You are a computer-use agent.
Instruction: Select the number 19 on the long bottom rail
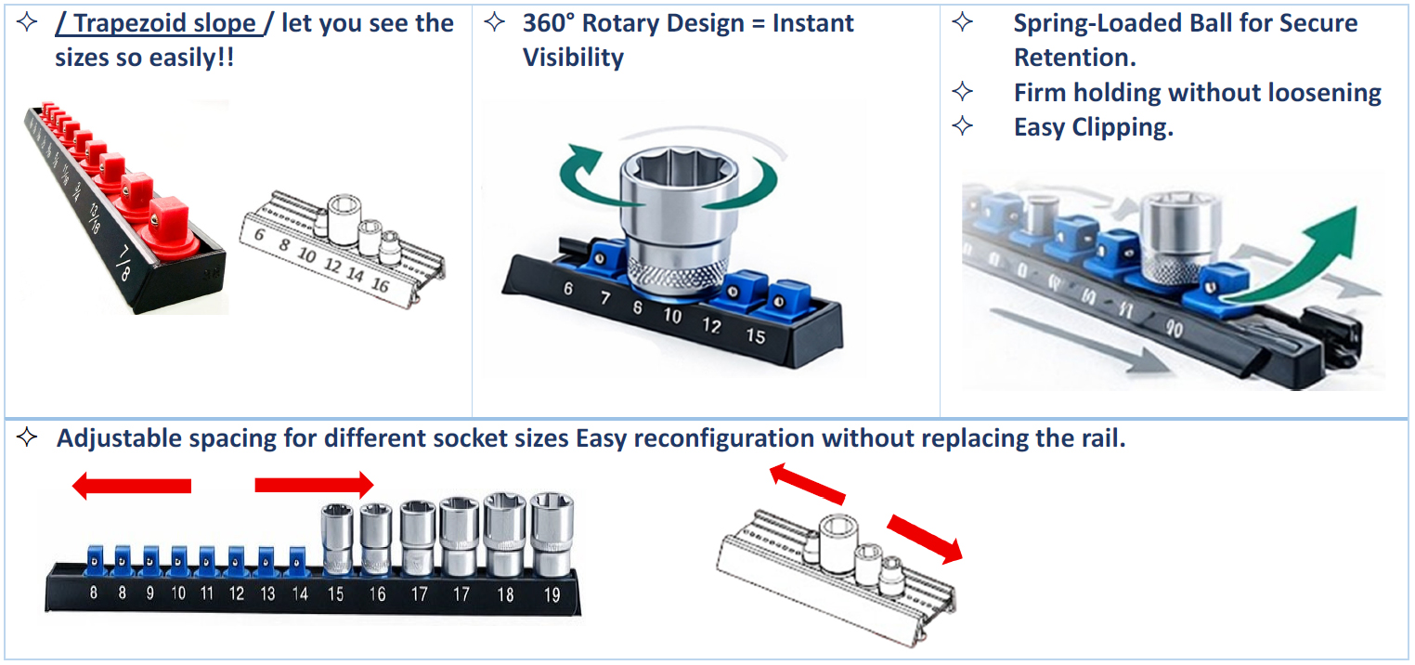point(552,594)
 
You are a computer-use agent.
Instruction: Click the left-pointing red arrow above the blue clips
point(131,486)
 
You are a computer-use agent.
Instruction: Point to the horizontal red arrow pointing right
point(314,484)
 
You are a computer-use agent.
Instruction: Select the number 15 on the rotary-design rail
point(756,335)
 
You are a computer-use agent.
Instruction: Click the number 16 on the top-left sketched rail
point(379,285)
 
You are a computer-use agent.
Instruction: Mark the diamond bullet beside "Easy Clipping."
point(963,126)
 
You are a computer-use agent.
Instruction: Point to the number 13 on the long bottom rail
point(267,593)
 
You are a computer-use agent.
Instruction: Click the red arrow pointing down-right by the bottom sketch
point(924,539)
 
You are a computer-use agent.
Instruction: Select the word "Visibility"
point(573,58)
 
